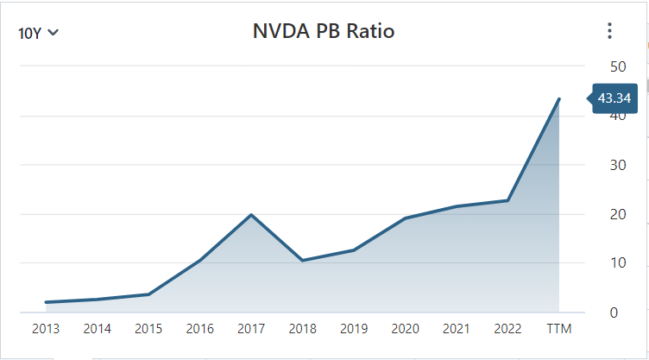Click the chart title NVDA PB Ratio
click(x=324, y=32)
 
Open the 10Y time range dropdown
click(x=38, y=33)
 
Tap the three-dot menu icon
click(x=609, y=32)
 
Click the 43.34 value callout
click(x=614, y=98)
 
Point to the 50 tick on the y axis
click(x=617, y=66)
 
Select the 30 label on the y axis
click(x=617, y=165)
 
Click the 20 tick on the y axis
click(x=617, y=214)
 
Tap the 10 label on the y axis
click(x=617, y=262)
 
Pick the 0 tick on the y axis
click(x=614, y=312)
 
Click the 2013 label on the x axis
click(x=46, y=329)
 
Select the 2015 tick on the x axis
click(x=148, y=329)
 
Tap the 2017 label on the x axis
click(x=250, y=329)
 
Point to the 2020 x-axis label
click(x=405, y=329)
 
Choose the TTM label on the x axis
click(x=559, y=329)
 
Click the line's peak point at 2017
click(x=250, y=214)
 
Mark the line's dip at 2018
click(x=302, y=260)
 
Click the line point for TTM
click(x=559, y=99)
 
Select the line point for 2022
click(x=507, y=200)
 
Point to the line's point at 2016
click(x=199, y=260)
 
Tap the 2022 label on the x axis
click(x=507, y=329)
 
